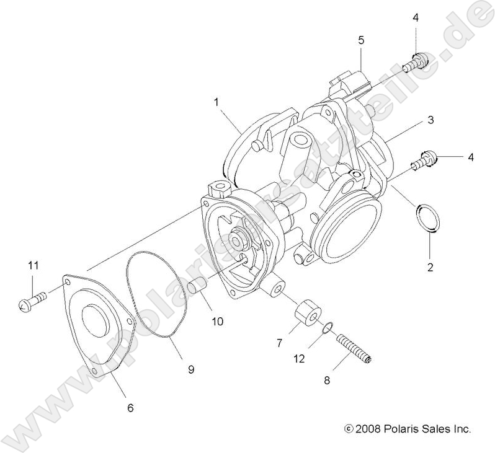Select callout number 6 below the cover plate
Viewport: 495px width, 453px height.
[130, 408]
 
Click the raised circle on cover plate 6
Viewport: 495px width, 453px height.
[95, 322]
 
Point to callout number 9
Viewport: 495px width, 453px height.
[191, 369]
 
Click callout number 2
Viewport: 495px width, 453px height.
[430, 268]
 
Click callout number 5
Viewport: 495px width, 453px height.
[361, 40]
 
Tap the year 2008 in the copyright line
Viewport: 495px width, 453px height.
[367, 428]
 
